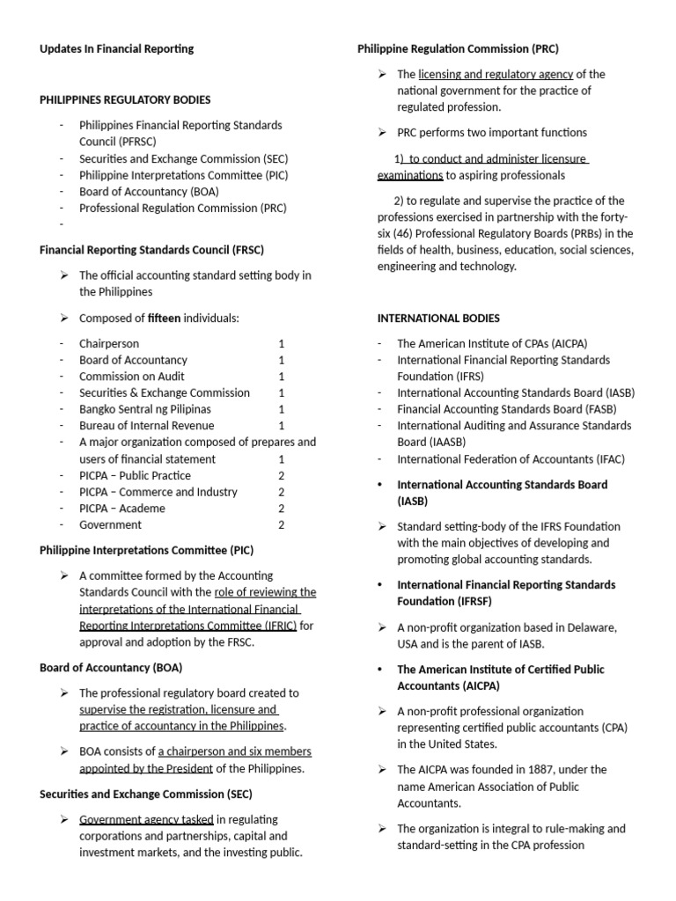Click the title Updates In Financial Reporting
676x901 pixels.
pyautogui.click(x=116, y=49)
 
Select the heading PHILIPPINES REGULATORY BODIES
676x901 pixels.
pyautogui.click(x=125, y=99)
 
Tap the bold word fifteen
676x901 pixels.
pyautogui.click(x=164, y=318)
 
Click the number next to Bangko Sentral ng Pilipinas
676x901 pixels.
pyautogui.click(x=282, y=409)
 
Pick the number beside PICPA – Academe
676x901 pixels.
pyautogui.click(x=282, y=509)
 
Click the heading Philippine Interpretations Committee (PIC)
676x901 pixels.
pyautogui.click(x=146, y=551)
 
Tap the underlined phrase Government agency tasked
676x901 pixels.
pyautogui.click(x=146, y=819)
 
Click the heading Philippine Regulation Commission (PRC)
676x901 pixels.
pyautogui.click(x=458, y=49)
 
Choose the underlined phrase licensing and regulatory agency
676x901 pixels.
pyautogui.click(x=496, y=75)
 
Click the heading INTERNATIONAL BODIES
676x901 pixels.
pyautogui.click(x=438, y=318)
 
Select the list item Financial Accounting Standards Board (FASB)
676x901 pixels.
pyautogui.click(x=507, y=409)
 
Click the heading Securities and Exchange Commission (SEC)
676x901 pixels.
pyautogui.click(x=146, y=795)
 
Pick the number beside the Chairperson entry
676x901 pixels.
pyautogui.click(x=282, y=343)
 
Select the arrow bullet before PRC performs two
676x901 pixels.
pyautogui.click(x=382, y=133)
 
